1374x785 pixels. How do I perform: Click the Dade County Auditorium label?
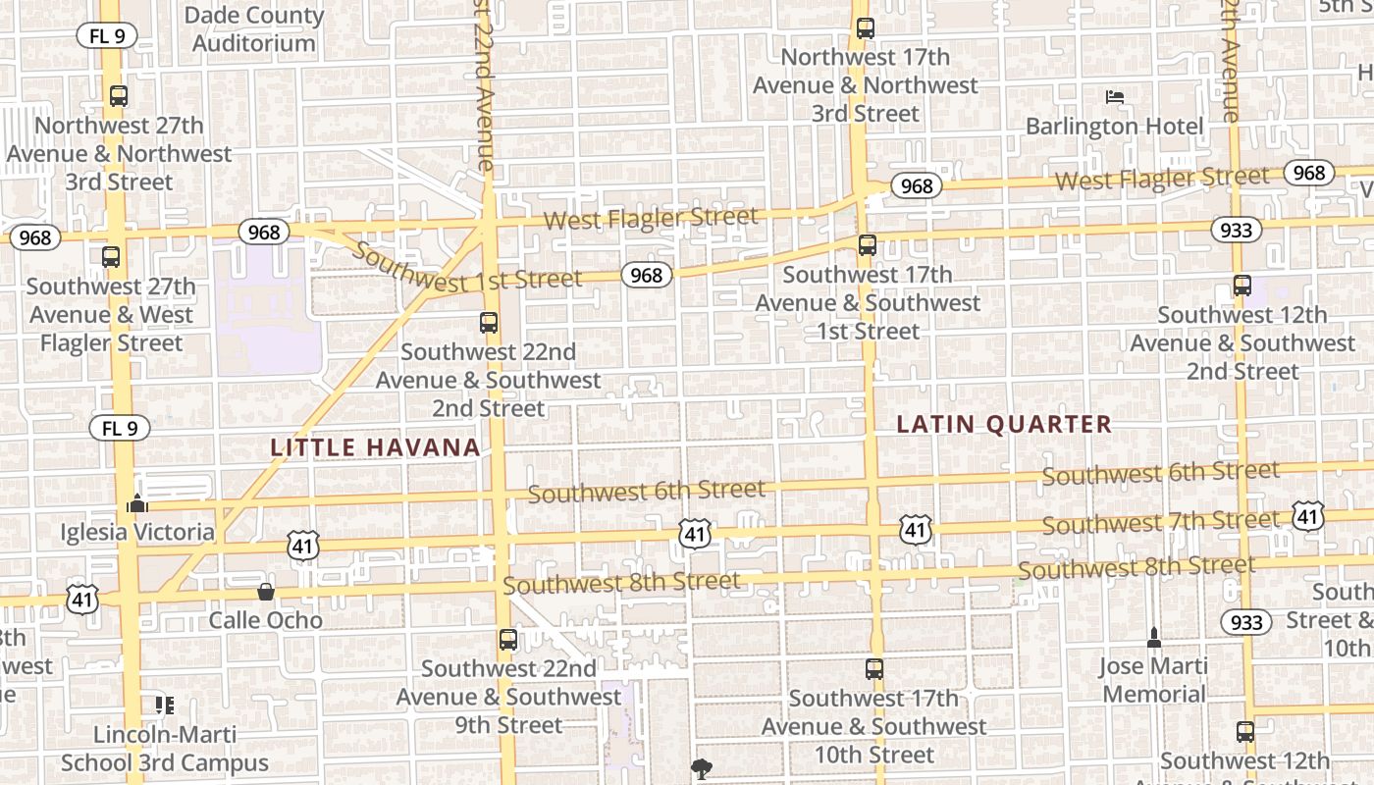click(x=254, y=29)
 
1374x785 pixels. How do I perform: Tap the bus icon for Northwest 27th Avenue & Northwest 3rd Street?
click(x=119, y=96)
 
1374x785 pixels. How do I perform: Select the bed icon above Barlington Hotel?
click(x=1114, y=97)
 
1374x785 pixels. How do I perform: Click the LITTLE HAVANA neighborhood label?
click(x=376, y=448)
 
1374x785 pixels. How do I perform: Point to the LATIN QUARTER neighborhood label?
click(x=1004, y=425)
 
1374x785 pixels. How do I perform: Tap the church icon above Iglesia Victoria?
click(x=137, y=504)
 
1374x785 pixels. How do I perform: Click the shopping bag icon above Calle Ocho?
click(x=265, y=592)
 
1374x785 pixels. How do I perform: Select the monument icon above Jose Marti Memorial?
click(x=1153, y=638)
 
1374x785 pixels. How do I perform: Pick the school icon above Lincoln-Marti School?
click(x=165, y=705)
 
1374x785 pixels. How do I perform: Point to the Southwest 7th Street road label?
click(x=1161, y=522)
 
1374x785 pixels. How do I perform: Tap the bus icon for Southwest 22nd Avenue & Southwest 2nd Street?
click(x=488, y=322)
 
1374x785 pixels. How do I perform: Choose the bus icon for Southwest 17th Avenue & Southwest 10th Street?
click(x=874, y=669)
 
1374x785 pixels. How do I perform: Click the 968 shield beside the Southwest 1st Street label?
click(x=646, y=276)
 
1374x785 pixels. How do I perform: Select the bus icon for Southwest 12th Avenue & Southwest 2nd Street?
click(x=1242, y=287)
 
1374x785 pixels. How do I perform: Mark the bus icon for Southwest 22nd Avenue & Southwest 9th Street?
click(x=507, y=640)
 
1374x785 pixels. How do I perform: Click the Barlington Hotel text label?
click(x=1114, y=127)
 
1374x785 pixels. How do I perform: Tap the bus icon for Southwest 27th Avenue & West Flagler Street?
click(x=111, y=257)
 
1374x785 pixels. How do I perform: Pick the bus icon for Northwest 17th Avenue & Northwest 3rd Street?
click(x=865, y=28)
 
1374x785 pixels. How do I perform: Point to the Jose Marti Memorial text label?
click(x=1153, y=680)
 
